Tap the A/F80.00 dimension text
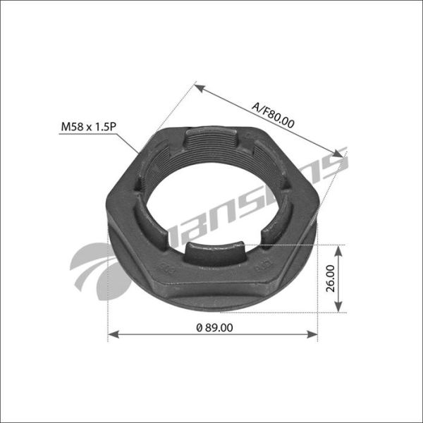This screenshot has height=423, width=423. coord(273,112)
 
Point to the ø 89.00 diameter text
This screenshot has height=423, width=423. coord(214,326)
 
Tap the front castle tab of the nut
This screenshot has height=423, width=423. coord(214,249)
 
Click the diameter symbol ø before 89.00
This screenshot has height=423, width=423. coord(199,326)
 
